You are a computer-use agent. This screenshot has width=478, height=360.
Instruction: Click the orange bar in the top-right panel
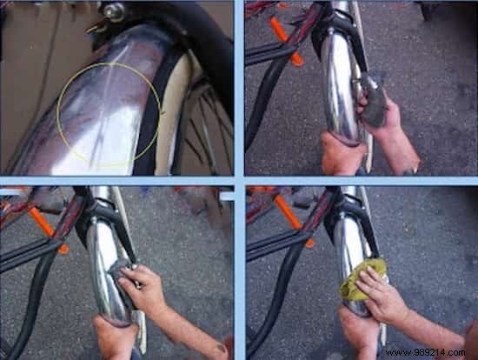point(286,41)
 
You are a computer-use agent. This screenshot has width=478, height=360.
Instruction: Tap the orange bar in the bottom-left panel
point(43,226)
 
